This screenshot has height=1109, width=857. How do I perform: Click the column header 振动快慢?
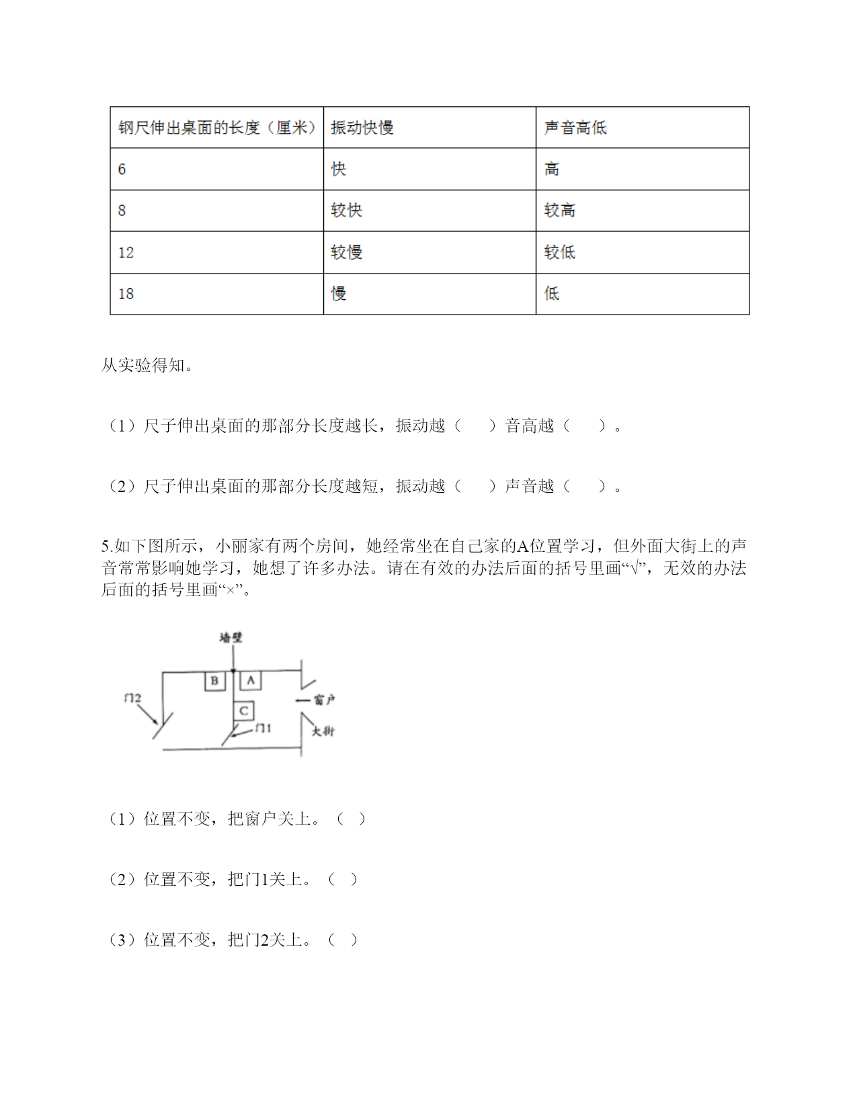[362, 128]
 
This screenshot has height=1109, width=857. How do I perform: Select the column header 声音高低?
[575, 128]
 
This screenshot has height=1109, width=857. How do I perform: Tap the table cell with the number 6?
[122, 169]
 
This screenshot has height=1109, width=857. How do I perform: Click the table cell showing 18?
[126, 294]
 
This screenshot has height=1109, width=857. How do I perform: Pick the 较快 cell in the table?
[347, 210]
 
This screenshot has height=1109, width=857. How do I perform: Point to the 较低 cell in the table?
[560, 252]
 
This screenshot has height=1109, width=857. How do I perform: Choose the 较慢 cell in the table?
[347, 252]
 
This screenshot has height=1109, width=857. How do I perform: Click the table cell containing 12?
[126, 252]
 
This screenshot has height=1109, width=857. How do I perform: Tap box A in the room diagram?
[251, 680]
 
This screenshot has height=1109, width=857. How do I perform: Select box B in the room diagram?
[214, 680]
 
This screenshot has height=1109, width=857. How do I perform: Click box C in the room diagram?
[243, 710]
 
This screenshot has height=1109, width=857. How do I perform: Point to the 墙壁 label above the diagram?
[231, 637]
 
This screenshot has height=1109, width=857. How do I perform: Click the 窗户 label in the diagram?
[324, 700]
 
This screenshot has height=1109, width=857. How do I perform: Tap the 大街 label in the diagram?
[323, 731]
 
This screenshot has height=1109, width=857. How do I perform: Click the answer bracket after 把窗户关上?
[351, 819]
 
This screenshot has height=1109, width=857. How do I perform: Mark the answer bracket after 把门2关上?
[343, 940]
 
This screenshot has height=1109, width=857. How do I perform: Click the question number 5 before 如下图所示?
[105, 546]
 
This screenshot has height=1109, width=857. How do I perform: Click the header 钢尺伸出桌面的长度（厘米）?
[217, 128]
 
